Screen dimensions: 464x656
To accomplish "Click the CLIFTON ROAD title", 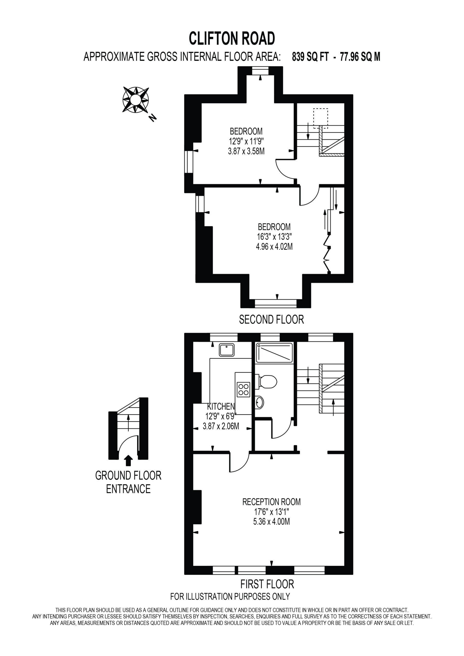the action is click(231, 39).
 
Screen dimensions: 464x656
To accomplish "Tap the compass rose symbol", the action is click(136, 99).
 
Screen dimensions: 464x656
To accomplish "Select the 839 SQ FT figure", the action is click(310, 57).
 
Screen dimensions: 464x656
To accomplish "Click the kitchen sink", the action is click(227, 350).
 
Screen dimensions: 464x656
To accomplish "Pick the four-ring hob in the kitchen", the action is click(243, 390).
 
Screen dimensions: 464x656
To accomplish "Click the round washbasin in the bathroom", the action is click(259, 403).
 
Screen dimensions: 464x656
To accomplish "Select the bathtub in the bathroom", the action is click(274, 353).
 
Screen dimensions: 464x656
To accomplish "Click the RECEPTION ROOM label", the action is click(271, 502).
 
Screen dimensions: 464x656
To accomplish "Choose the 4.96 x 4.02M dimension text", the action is click(274, 246).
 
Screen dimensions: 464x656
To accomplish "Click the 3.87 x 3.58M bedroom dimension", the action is click(246, 151).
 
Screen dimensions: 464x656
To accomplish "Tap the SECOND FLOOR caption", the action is click(271, 320).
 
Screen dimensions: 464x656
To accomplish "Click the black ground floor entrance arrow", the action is click(129, 460).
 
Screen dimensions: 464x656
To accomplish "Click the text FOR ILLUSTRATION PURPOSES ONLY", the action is click(230, 597).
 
